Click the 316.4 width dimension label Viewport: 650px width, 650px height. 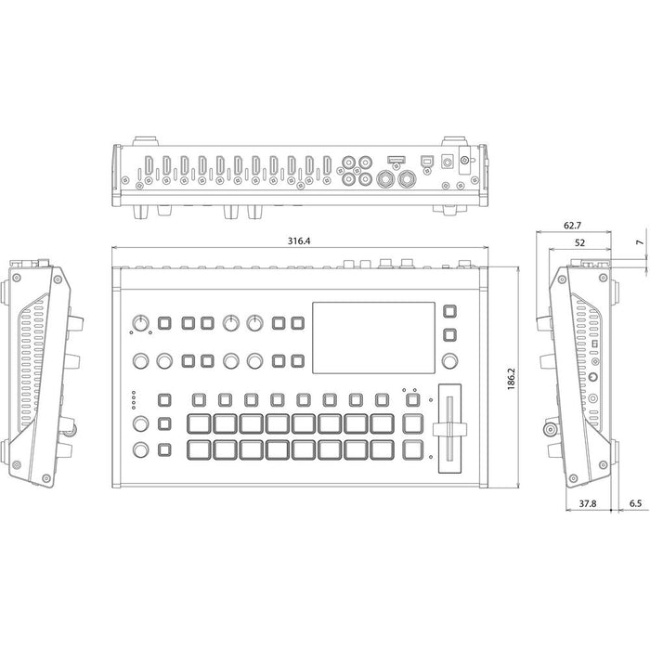pos(299,240)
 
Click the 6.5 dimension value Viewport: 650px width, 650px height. pos(636,505)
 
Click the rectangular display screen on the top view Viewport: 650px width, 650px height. pos(370,335)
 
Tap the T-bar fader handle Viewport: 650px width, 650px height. pos(449,426)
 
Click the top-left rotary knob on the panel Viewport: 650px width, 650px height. pos(140,322)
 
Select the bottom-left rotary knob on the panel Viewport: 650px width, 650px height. pos(140,452)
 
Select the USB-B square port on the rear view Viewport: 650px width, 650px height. pos(427,160)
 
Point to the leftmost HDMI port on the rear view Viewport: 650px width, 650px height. pos(147,166)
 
